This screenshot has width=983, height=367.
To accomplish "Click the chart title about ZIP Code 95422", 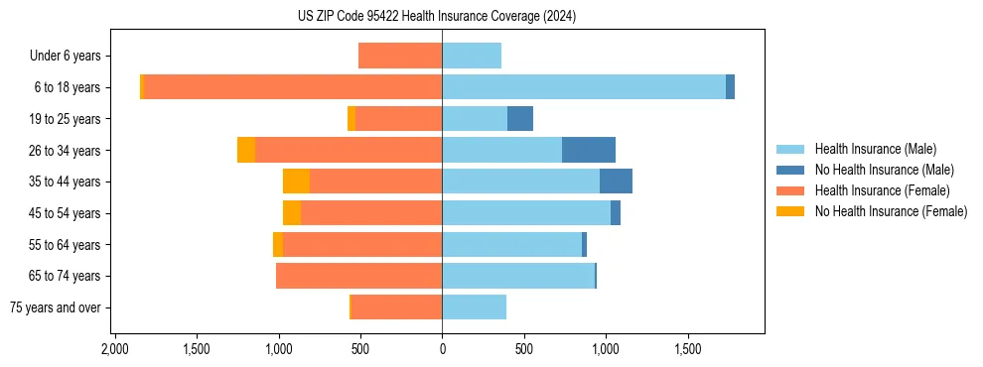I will tap(437, 17).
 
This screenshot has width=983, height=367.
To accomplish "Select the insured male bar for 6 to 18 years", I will tap(584, 87).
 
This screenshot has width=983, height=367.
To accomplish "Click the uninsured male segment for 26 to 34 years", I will tap(589, 150).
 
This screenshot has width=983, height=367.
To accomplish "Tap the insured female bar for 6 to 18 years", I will tap(293, 87).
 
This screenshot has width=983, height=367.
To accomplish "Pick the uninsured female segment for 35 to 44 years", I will tap(296, 182).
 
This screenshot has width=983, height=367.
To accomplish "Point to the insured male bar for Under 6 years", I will tap(472, 56).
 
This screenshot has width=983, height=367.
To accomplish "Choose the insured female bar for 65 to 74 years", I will tap(358, 276).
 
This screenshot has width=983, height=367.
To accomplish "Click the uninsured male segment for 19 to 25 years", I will tap(520, 119).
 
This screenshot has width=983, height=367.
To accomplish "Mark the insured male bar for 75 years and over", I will tap(474, 307).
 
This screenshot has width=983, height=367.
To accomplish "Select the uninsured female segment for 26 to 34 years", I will tap(246, 150).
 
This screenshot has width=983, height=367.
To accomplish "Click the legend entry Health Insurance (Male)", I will tap(875, 149).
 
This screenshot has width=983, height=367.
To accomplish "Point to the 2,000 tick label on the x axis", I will tap(114, 350).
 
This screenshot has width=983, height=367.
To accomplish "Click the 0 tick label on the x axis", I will tap(442, 350).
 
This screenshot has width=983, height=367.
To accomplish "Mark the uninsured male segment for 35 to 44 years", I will tap(616, 182).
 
